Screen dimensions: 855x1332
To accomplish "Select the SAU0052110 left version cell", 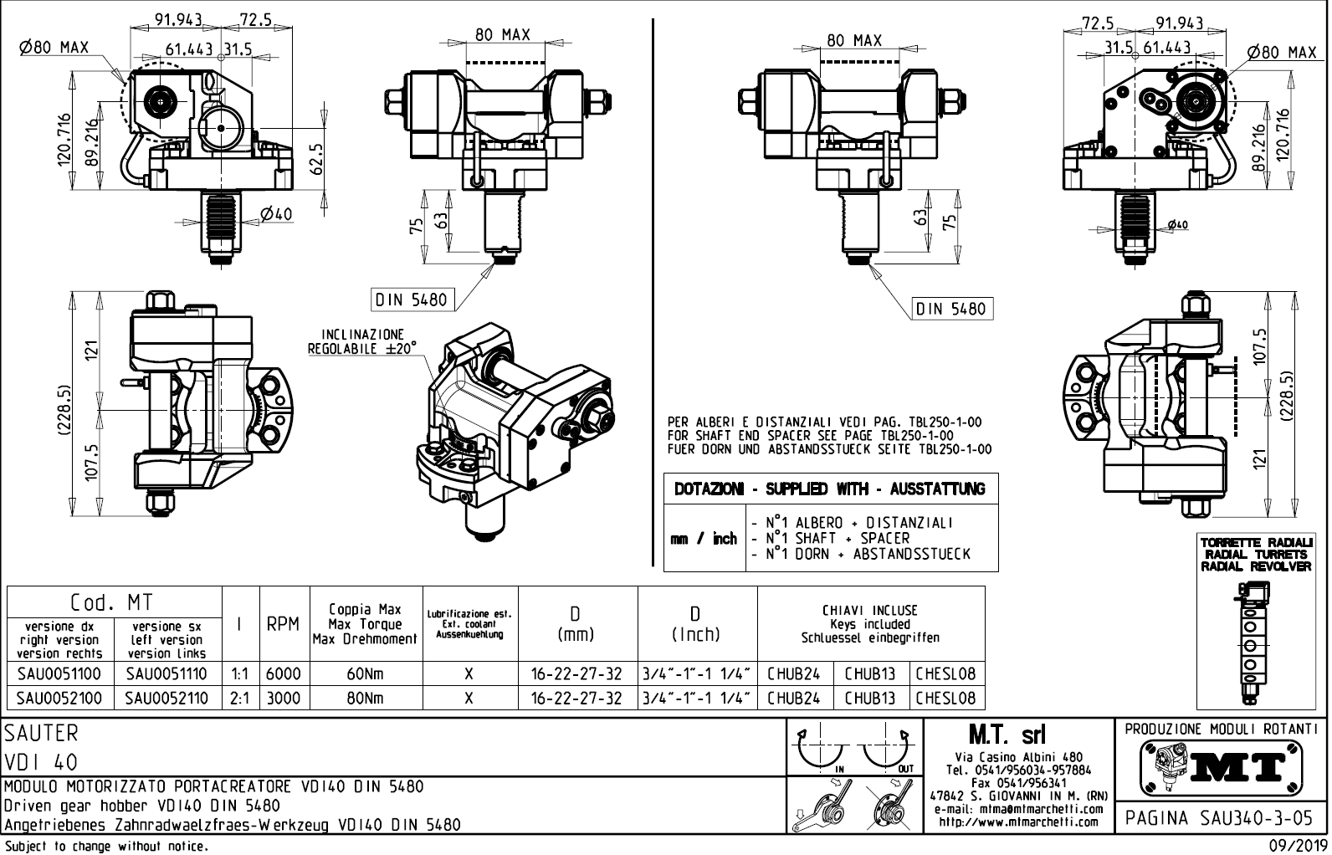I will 166,698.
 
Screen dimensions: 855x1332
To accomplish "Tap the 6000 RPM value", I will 283,673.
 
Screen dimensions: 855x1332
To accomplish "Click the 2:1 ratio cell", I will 240,698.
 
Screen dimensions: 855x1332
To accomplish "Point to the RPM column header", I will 283,624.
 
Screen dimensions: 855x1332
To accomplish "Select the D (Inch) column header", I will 696,624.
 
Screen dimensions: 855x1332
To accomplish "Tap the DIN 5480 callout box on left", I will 411,300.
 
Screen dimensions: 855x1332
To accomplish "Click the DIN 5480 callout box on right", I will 951,309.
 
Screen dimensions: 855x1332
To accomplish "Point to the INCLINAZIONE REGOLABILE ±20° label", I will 362,341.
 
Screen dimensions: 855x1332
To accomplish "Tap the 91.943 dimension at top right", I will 1179,23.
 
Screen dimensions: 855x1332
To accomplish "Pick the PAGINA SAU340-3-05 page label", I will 1220,817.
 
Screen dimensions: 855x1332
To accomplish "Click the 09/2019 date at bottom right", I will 1299,845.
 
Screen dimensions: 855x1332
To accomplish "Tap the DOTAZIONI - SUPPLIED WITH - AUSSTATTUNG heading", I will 830,489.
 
